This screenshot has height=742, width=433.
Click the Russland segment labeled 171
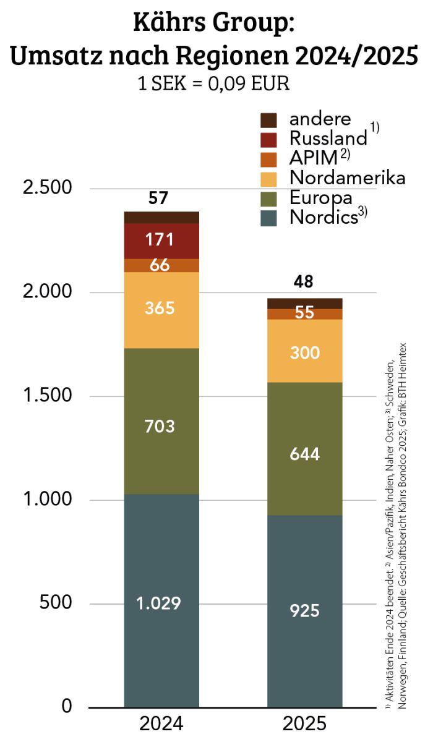(x=161, y=241)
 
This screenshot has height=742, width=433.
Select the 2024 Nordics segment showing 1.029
(x=161, y=600)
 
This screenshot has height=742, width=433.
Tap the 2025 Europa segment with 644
(x=305, y=449)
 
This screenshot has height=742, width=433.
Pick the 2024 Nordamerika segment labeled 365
(x=161, y=310)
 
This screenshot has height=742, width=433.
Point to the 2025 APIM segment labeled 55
(x=305, y=314)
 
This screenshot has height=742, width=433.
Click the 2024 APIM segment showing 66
(x=161, y=265)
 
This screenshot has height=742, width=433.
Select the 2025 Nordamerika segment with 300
(x=305, y=351)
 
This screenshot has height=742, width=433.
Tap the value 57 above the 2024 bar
(x=158, y=198)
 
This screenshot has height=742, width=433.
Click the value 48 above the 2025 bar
(x=303, y=281)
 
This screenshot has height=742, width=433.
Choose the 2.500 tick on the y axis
(x=48, y=187)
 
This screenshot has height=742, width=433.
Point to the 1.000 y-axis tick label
(x=48, y=498)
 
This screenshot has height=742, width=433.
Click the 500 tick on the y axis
(x=55, y=602)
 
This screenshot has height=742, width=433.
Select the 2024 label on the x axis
(x=161, y=723)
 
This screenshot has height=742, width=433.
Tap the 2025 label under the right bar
(x=304, y=723)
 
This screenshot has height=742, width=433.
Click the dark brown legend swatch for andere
(x=268, y=120)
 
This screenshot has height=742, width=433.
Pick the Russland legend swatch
(x=268, y=140)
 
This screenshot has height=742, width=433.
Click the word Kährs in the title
(x=169, y=22)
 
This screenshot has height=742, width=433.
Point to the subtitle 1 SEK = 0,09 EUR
(x=213, y=83)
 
